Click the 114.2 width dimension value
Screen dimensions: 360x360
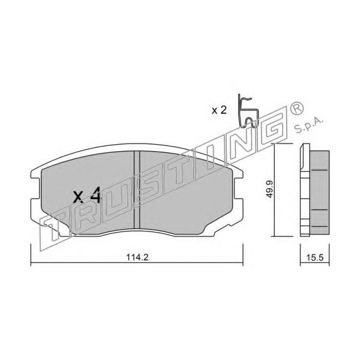(x=137, y=257)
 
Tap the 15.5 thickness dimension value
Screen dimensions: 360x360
(x=315, y=257)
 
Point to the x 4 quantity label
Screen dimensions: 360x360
(x=87, y=195)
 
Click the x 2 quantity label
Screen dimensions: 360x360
(x=219, y=110)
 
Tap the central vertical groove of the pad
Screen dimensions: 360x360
(x=137, y=190)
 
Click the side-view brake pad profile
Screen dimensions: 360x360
(x=314, y=190)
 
